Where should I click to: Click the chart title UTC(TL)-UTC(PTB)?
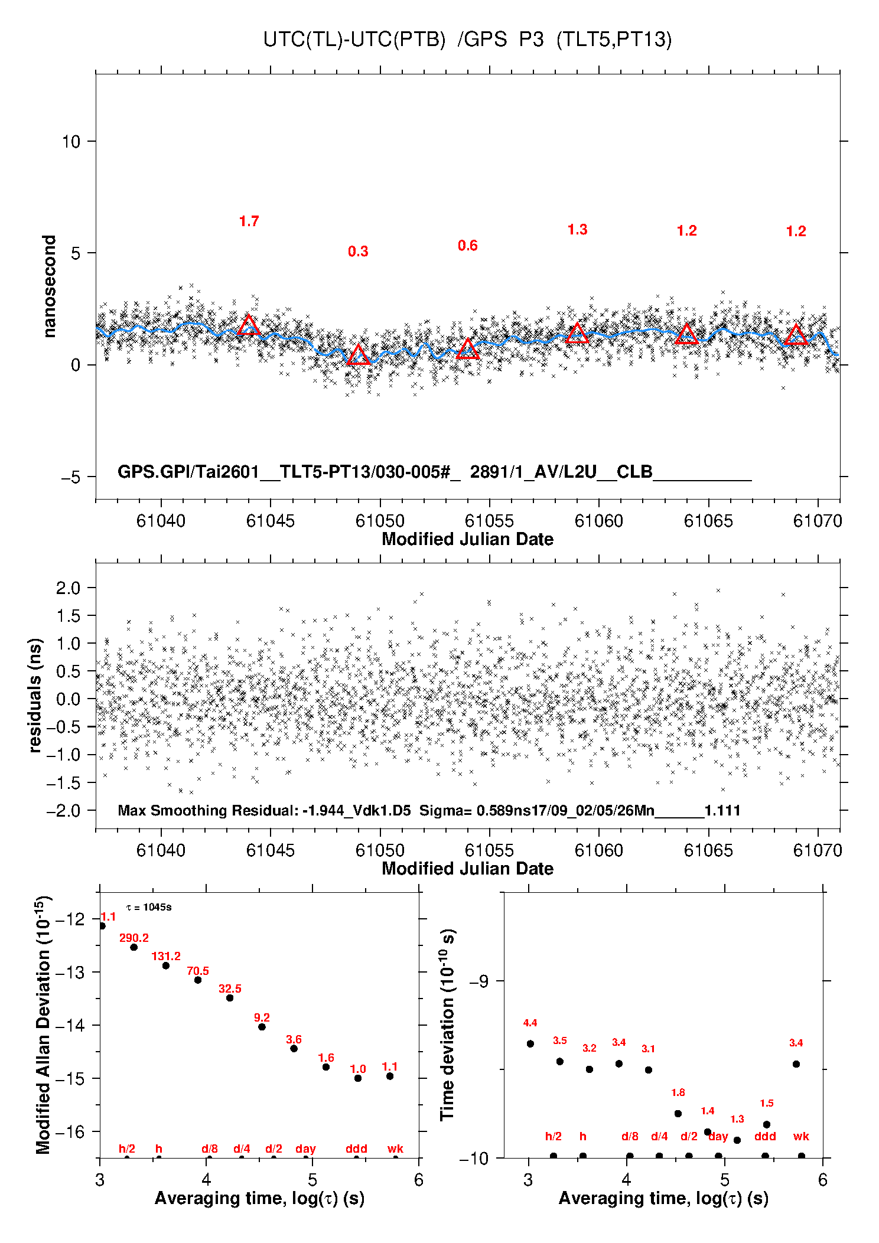pos(354,40)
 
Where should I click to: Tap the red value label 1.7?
pos(249,221)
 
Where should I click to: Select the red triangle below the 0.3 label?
pos(358,355)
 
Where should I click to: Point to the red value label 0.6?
pos(467,246)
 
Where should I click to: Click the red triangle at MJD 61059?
pos(577,333)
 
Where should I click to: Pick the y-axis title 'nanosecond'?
pos(49,286)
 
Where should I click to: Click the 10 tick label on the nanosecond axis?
pos(71,142)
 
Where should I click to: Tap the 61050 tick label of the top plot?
pos(380,521)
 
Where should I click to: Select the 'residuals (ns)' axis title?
pos(35,695)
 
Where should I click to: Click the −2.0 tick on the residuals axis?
pos(67,811)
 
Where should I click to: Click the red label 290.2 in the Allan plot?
pos(134,938)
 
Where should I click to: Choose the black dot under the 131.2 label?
pos(166,965)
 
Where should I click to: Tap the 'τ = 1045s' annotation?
pos(149,907)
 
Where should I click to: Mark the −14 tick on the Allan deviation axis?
pos(71,1026)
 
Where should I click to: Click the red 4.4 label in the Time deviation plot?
pos(530,1023)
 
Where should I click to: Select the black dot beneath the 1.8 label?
pos(678,1114)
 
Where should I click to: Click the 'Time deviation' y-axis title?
pos(447,1025)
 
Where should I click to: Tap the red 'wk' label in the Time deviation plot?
pos(801,1136)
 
